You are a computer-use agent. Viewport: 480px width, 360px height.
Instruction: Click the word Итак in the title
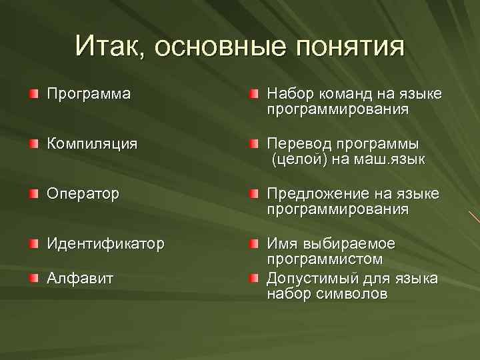109,47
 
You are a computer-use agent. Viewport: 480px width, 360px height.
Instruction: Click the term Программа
88,94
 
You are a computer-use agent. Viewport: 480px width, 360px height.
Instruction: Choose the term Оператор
83,194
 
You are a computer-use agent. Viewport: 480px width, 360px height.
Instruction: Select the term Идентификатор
105,244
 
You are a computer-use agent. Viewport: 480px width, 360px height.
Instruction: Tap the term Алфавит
80,278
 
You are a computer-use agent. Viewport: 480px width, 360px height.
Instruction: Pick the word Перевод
298,144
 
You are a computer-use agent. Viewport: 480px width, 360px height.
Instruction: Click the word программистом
325,259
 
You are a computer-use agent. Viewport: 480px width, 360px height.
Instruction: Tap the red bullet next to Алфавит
33,278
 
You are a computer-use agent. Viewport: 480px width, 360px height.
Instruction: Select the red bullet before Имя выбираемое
255,244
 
